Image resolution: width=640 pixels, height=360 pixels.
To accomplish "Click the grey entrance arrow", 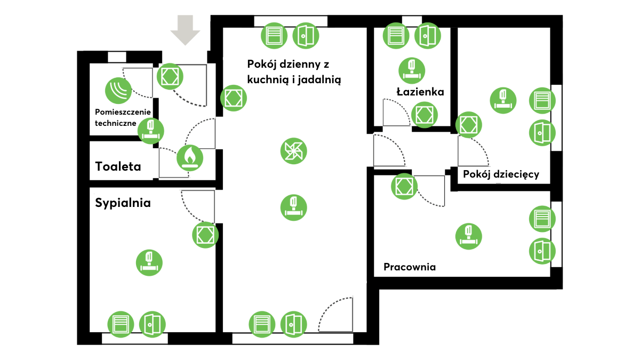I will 185,30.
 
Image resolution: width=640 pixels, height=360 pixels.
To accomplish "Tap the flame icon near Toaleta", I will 189,157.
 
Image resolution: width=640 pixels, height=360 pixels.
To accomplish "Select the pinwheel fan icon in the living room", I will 293,151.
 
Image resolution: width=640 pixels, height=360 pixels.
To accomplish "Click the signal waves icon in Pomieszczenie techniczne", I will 118,90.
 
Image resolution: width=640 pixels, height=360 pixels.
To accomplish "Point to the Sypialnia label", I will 123,203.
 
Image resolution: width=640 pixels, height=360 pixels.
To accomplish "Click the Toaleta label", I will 118,166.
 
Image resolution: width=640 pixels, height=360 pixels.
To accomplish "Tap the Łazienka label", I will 420,92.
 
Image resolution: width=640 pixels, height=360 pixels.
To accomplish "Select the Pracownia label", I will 410,267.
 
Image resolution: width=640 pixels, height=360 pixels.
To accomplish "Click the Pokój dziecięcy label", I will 501,174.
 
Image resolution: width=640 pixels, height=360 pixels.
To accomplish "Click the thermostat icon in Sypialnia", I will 149,262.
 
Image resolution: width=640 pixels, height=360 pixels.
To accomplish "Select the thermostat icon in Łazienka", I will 411,70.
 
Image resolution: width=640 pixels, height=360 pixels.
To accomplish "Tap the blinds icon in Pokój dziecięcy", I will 542,100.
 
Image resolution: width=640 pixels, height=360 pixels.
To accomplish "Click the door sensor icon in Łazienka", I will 427,36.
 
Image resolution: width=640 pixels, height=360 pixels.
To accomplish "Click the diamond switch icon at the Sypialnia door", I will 205,235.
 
